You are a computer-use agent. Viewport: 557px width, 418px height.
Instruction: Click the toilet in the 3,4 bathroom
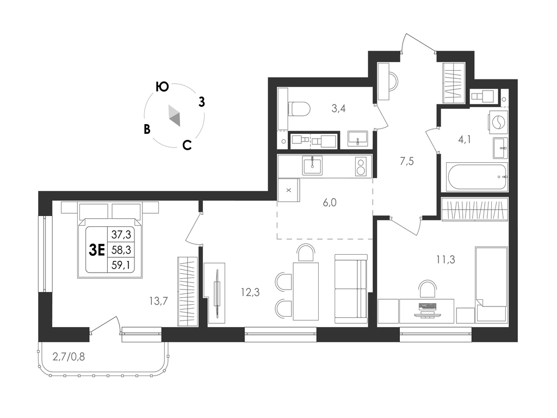click(299, 108)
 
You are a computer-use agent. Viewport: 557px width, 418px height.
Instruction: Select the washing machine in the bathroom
click(498, 122)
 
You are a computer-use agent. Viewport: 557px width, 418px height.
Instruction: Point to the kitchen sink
click(312, 165)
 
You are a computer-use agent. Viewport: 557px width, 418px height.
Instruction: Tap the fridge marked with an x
click(288, 190)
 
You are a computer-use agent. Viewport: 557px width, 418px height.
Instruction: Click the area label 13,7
click(158, 301)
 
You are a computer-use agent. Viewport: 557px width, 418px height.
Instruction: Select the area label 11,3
click(445, 260)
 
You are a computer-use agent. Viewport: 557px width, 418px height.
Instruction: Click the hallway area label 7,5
click(407, 162)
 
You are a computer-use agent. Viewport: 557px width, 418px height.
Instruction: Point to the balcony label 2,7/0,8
click(69, 356)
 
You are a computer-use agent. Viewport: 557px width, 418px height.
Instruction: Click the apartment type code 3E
click(97, 250)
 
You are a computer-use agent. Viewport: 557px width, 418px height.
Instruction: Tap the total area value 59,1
click(121, 265)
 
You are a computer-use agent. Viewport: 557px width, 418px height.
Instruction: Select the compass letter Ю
click(162, 87)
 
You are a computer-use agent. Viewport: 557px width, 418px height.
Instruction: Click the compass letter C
click(187, 145)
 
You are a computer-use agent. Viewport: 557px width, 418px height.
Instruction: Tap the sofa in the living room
click(351, 288)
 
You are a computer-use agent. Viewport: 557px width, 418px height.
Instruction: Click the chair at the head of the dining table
click(306, 253)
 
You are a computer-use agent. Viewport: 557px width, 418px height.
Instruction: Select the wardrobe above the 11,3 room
click(474, 210)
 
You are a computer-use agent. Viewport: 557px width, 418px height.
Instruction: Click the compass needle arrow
click(175, 115)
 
